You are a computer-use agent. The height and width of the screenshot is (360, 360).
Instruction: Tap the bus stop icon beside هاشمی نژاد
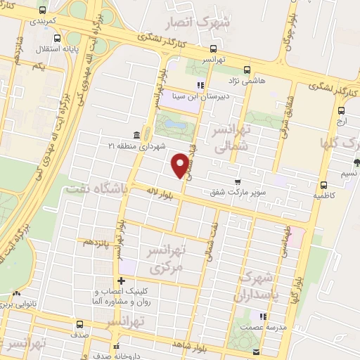coord(247,70)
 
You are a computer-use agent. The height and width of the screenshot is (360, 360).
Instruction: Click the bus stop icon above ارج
coord(342,110)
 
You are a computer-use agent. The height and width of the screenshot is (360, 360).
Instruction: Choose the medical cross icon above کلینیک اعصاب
coord(122,281)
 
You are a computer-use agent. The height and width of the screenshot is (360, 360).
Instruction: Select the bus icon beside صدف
coord(79,325)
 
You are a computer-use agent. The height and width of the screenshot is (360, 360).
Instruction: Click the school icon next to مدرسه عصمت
coord(262,316)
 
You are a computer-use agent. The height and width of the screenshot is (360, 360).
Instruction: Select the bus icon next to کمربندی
coord(44,11)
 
